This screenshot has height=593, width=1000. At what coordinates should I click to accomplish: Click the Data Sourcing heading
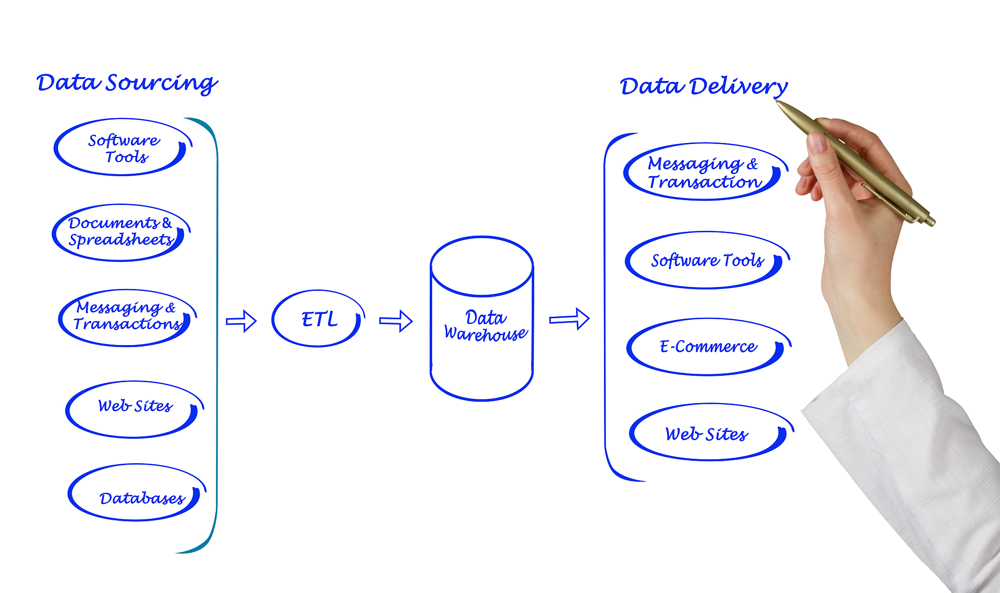127,83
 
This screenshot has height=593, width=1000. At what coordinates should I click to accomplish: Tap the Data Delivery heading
704,86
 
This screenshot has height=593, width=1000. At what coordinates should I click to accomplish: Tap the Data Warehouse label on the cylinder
485,326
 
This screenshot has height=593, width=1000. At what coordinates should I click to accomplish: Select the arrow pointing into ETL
241,321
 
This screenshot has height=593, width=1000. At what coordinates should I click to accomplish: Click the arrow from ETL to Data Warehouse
396,321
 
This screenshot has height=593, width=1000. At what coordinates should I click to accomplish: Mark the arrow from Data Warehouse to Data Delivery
569,319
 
